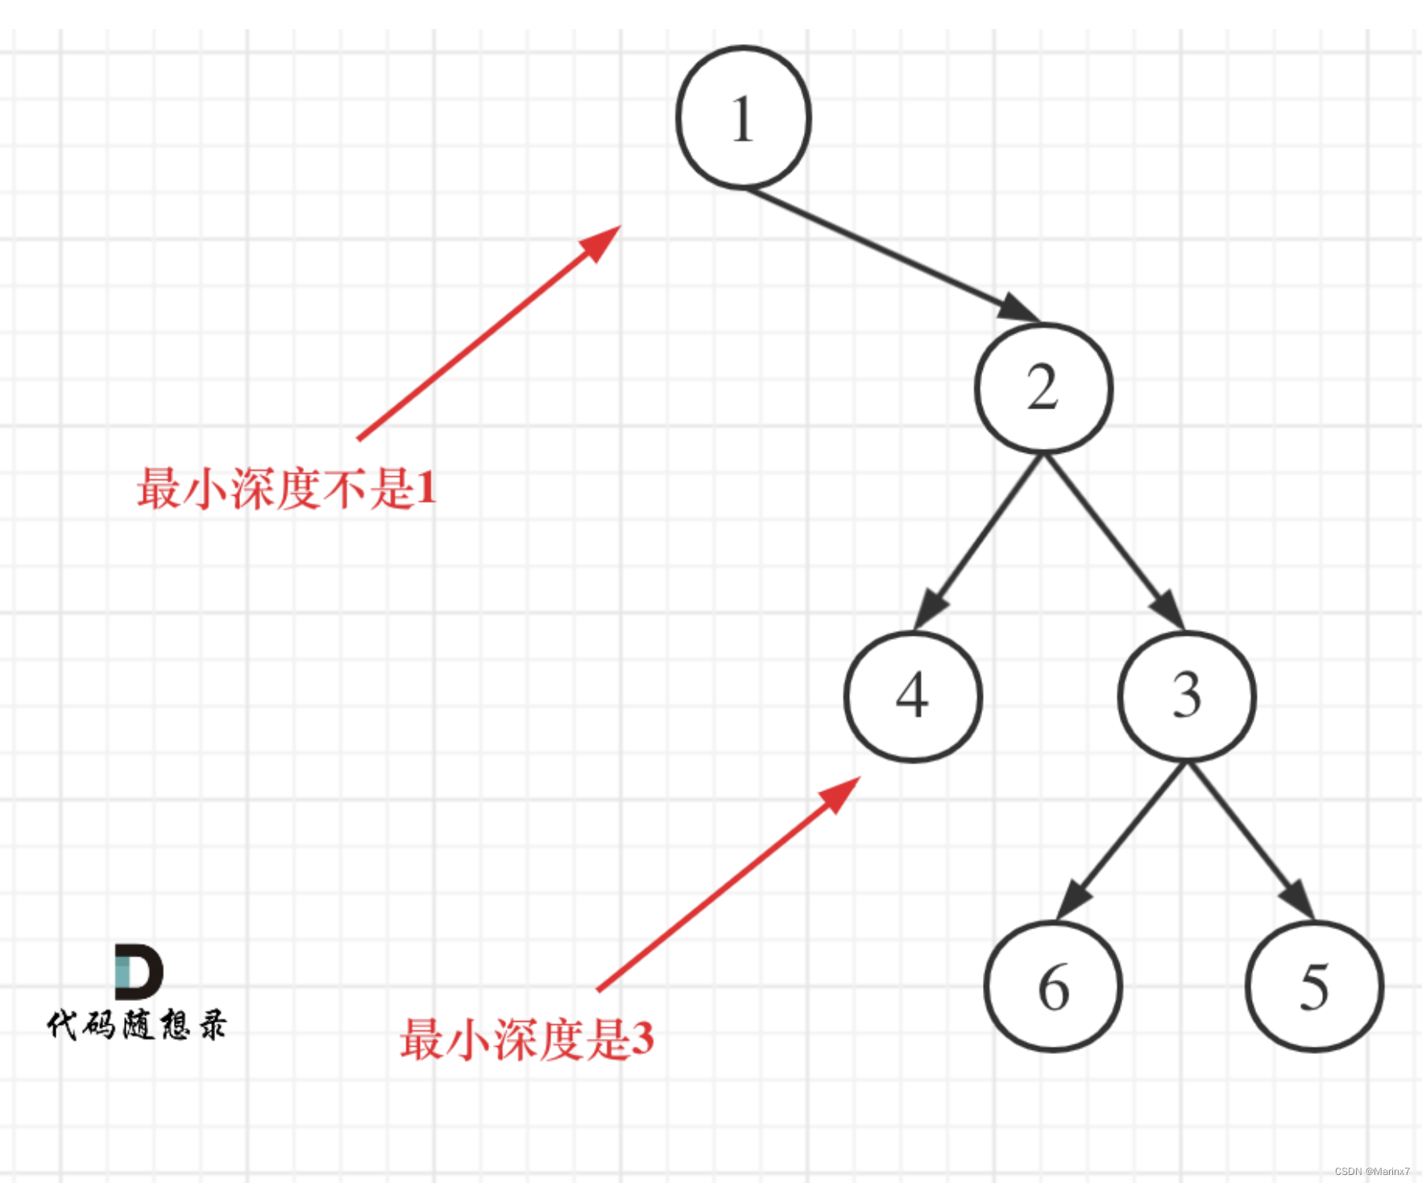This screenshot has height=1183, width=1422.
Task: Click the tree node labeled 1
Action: pyautogui.click(x=743, y=118)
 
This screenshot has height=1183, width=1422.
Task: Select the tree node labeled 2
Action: pyautogui.click(x=1043, y=388)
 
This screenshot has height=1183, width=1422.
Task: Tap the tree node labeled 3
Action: pyautogui.click(x=1186, y=695)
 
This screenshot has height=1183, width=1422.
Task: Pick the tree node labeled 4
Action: pyautogui.click(x=913, y=695)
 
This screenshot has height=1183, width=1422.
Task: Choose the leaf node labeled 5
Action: pyautogui.click(x=1314, y=986)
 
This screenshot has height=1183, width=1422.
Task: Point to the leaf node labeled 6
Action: pyautogui.click(x=1053, y=986)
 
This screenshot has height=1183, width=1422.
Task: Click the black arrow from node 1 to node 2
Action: pyautogui.click(x=886, y=252)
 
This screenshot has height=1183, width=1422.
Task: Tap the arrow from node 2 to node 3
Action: pyautogui.click(x=1112, y=540)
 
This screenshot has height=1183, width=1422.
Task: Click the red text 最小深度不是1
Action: pyautogui.click(x=287, y=488)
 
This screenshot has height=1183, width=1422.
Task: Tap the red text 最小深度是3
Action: pyautogui.click(x=527, y=1039)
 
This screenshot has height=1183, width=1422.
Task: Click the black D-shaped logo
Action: pyautogui.click(x=139, y=971)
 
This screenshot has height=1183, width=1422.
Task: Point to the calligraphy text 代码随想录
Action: pyautogui.click(x=137, y=1025)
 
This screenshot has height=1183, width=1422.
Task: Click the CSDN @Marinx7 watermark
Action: pyautogui.click(x=1371, y=1171)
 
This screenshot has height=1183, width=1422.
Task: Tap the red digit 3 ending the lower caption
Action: pyautogui.click(x=642, y=1039)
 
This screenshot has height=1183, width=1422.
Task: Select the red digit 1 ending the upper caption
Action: pyautogui.click(x=426, y=488)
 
